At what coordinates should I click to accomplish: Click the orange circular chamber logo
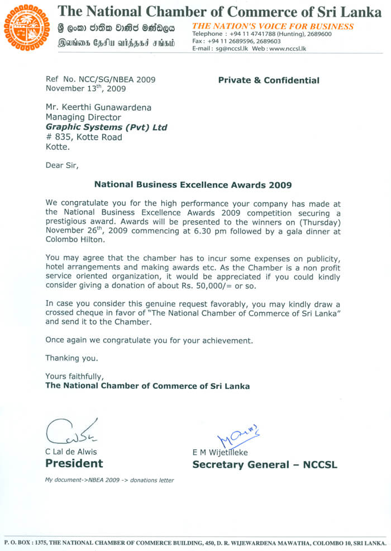point(27,28)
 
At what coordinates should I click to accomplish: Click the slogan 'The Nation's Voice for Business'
point(273,26)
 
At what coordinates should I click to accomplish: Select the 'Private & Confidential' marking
point(269,80)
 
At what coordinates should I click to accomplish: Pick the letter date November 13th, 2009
point(85,88)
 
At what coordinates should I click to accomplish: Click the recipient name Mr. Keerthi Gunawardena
point(98,108)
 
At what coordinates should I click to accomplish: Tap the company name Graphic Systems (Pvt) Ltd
point(106,127)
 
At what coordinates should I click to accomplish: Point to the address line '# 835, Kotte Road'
point(84,137)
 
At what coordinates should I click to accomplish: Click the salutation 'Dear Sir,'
point(62,166)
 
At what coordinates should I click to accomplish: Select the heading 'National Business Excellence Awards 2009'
point(193,184)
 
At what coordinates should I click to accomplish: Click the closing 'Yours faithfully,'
point(74,377)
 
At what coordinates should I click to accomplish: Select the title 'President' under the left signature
point(74,463)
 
